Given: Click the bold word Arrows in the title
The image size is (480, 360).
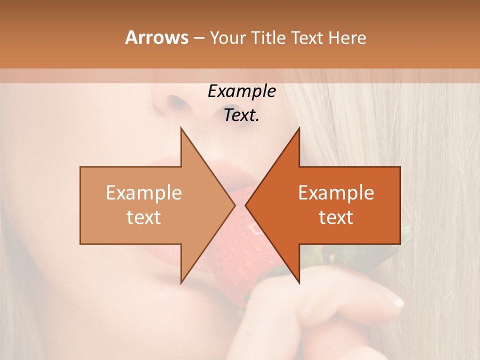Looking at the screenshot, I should (x=156, y=37).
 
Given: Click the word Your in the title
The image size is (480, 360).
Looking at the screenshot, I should (x=227, y=38).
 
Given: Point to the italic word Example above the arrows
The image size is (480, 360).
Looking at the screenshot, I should (x=241, y=91).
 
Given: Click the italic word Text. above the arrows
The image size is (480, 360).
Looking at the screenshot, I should (x=241, y=115).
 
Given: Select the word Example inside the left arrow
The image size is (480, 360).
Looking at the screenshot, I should (x=144, y=193).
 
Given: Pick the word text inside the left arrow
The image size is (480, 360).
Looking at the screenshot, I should (x=144, y=217).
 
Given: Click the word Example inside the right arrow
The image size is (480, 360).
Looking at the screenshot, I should (x=336, y=193).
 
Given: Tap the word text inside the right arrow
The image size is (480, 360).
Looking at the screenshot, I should (x=336, y=217).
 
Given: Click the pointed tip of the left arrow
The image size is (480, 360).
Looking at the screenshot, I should (x=235, y=205).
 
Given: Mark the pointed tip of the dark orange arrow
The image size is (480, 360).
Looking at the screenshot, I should (x=245, y=205).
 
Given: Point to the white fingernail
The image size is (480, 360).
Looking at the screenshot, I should (x=397, y=301).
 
